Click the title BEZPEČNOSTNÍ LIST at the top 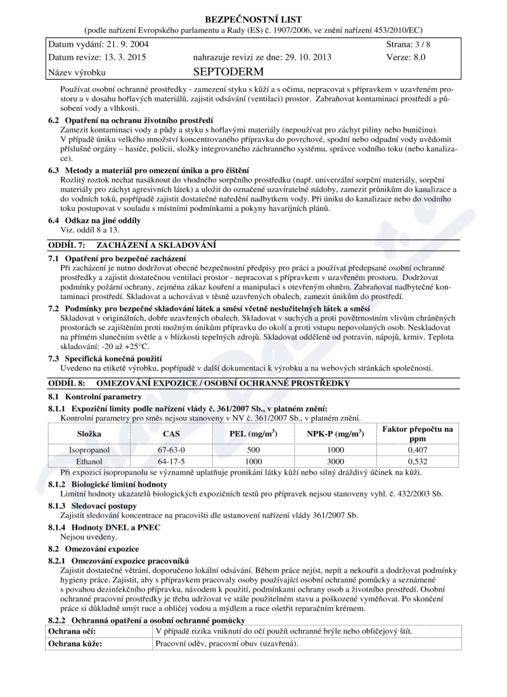coord(253,20)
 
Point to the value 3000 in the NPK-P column coord(334,461)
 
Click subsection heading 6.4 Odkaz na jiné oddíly coord(94,220)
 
